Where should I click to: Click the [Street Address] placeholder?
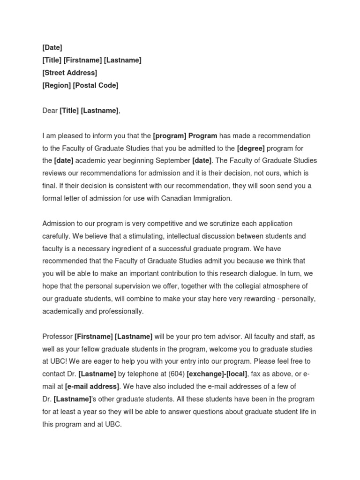tap(69, 73)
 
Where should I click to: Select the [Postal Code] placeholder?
tap(95, 85)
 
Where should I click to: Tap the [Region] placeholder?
tap(56, 85)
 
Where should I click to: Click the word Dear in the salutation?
tap(50, 111)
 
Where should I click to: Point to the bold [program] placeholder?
tap(169, 136)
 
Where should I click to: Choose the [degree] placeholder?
tap(251, 149)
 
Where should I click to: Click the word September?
tap(171, 161)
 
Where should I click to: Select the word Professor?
tap(57, 337)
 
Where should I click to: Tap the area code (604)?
tap(175, 374)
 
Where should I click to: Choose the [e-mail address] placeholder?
tap(92, 387)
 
